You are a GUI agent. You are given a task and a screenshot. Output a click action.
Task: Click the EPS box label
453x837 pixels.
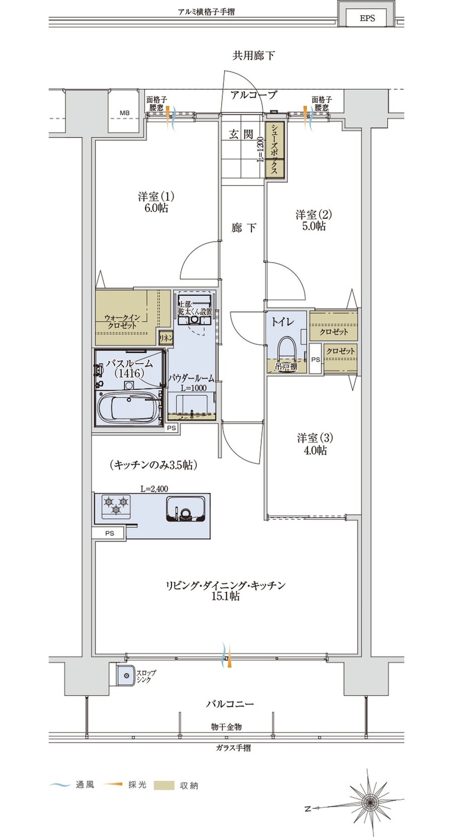point(367,18)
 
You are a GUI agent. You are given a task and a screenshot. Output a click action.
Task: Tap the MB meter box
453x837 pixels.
point(124,113)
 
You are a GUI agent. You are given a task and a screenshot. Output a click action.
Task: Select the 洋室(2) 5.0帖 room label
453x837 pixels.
point(314,220)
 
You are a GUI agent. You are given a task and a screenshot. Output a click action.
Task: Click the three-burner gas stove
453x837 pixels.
point(116,505)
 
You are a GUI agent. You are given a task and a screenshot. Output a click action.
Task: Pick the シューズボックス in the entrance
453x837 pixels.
point(275,150)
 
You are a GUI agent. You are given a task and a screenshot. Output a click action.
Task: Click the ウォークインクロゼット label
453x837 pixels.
point(122,321)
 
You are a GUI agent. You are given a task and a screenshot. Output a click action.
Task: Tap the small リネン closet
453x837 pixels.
point(166,339)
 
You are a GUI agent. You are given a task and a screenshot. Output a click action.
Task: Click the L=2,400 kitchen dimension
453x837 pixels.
point(154,488)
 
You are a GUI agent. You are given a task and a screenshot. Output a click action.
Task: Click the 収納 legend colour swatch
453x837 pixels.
point(164,785)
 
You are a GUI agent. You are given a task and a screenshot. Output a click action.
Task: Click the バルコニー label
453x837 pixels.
point(230,703)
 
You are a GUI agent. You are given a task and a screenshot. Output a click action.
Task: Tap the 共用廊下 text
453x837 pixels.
point(253,55)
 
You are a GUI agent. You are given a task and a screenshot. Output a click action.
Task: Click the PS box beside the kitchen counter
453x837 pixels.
point(109,533)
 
